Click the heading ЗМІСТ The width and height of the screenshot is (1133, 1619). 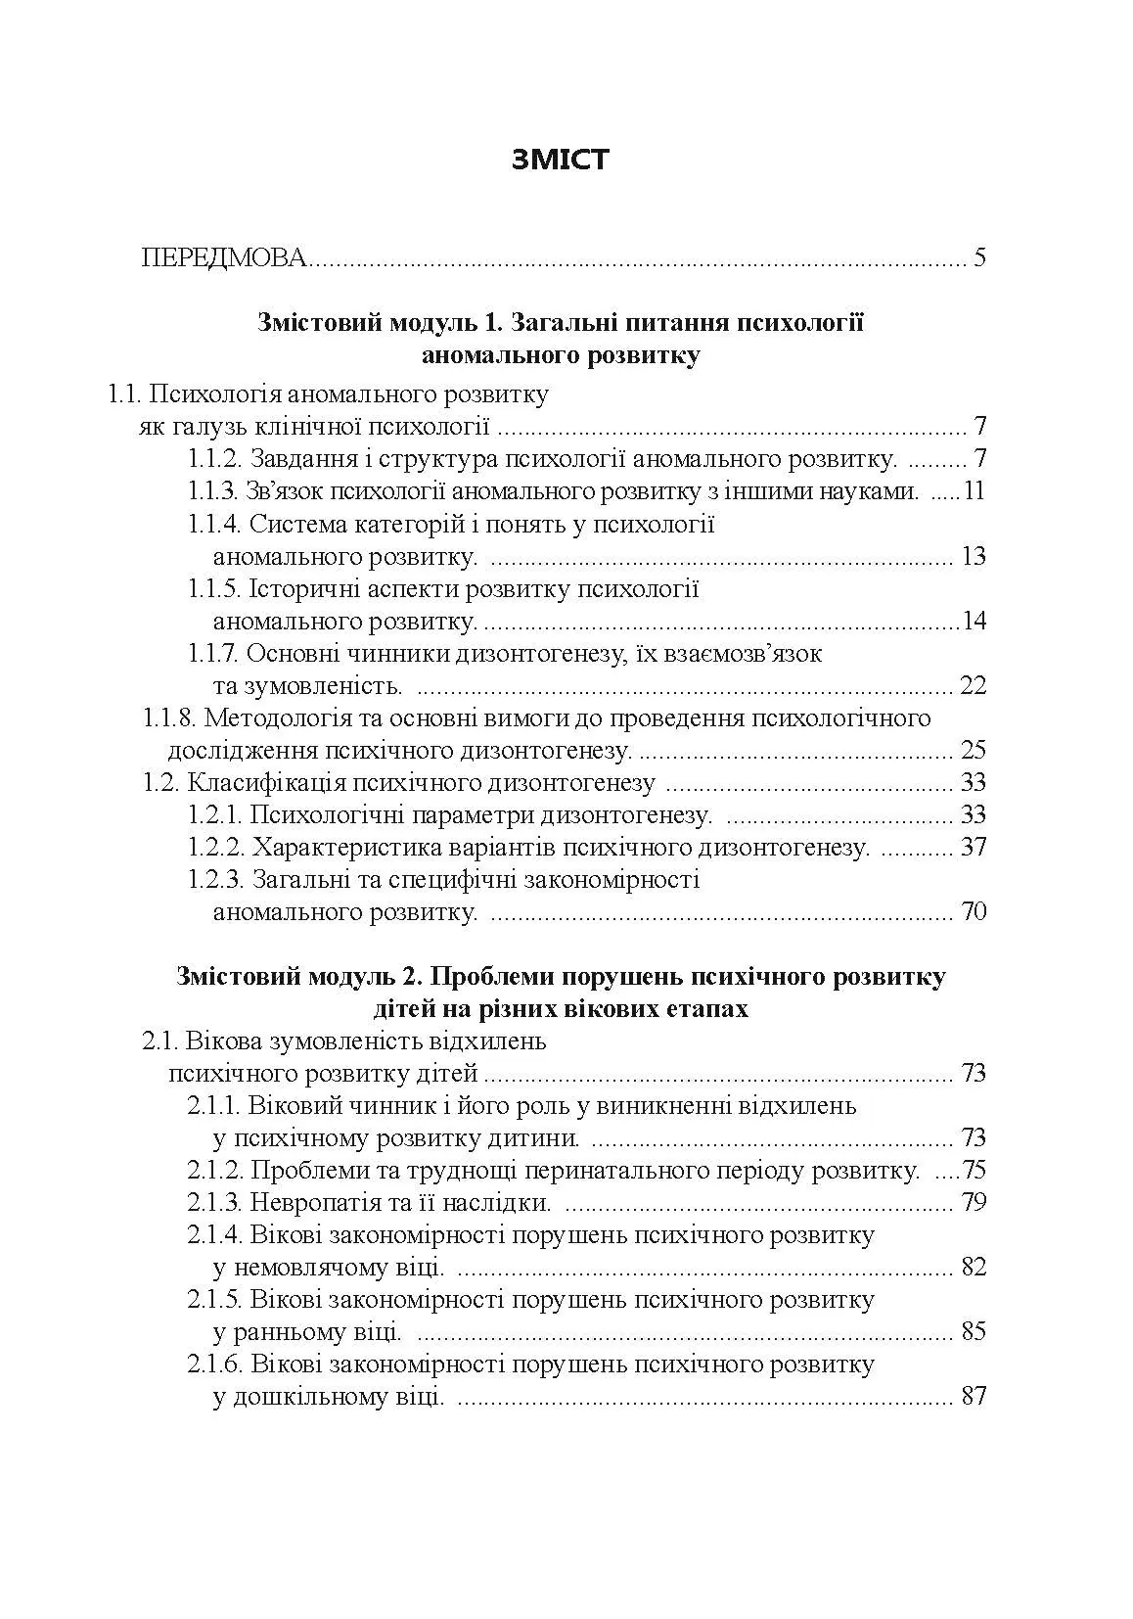point(561,160)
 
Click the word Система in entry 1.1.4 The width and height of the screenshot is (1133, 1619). point(290,525)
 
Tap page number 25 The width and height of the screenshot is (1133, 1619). point(974,751)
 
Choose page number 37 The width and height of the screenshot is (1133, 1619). point(974,848)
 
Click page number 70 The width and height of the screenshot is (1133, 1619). point(974,913)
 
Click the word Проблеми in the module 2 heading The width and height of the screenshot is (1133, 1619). point(480,977)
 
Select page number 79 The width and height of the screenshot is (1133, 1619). point(974,1202)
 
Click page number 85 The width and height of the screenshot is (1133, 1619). point(974,1332)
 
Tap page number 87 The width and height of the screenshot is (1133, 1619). point(974,1397)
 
